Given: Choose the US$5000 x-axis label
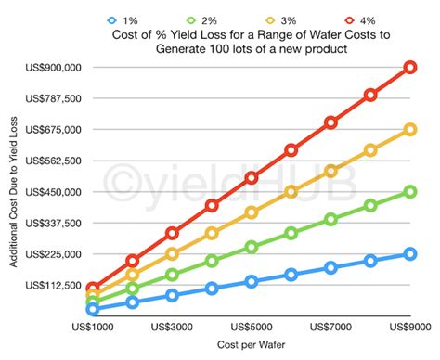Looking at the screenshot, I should [x=252, y=327].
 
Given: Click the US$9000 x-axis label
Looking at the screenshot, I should [x=409, y=327].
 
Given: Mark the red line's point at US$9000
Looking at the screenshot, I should [x=409, y=67].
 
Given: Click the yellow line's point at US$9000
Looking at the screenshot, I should [x=409, y=130].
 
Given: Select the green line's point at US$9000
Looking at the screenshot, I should [x=409, y=192].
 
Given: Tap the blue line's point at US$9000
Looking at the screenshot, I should [x=409, y=254].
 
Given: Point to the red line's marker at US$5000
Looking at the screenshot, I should [x=252, y=177].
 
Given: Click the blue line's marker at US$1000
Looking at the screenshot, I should [x=93, y=309].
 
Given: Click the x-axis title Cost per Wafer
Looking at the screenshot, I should [x=252, y=346].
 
